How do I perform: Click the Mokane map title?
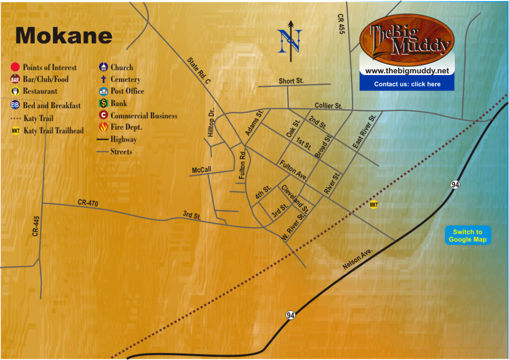[x=64, y=35]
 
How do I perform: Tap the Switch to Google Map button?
[x=468, y=236]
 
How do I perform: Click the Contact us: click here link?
[x=407, y=84]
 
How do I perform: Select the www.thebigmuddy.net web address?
[x=407, y=71]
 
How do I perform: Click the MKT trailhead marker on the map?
[x=374, y=205]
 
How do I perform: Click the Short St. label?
[x=291, y=81]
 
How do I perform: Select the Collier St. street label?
[x=328, y=106]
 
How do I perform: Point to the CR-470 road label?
[x=88, y=202]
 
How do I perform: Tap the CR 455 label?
[x=341, y=25]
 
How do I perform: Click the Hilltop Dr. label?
[x=211, y=124]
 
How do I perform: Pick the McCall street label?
[x=201, y=170]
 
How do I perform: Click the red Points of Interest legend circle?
[x=15, y=67]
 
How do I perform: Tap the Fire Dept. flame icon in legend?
[x=104, y=127]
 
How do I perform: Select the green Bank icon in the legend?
[x=104, y=103]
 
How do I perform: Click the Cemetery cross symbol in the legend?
[x=104, y=79]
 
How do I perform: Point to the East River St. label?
[x=364, y=131]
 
